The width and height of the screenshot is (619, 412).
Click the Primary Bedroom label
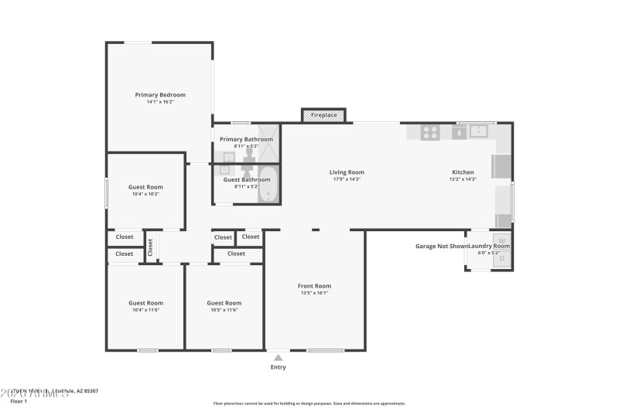[x=160, y=95]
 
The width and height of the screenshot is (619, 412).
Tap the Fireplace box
[x=323, y=115]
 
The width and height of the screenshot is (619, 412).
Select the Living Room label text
[x=347, y=172]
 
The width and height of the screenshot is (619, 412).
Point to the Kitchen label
[x=463, y=172]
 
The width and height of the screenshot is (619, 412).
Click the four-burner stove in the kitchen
[x=430, y=132]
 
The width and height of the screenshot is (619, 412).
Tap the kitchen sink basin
[x=479, y=131]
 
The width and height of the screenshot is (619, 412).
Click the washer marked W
[x=501, y=240]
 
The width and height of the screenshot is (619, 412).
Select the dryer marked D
[x=501, y=258]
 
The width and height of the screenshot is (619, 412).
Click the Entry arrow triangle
[x=278, y=357]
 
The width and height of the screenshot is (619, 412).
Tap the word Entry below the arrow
[x=278, y=367]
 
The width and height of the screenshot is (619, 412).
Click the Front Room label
[x=314, y=286]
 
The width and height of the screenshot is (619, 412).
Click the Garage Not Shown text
[x=441, y=246]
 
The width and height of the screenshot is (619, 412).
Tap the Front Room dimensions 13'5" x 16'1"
[x=314, y=293]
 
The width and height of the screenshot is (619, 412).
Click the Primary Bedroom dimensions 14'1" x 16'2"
[x=160, y=102]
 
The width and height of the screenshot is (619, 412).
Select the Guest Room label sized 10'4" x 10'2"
[x=145, y=187]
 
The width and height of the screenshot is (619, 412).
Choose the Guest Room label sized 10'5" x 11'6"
[x=224, y=303]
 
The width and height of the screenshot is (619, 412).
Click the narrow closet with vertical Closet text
[x=151, y=247]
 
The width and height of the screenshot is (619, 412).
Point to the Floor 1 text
[x=19, y=401]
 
